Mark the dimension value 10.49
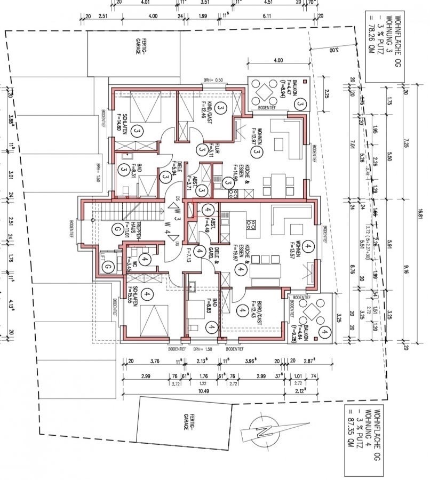point(201,391)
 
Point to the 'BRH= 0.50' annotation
point(212,81)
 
